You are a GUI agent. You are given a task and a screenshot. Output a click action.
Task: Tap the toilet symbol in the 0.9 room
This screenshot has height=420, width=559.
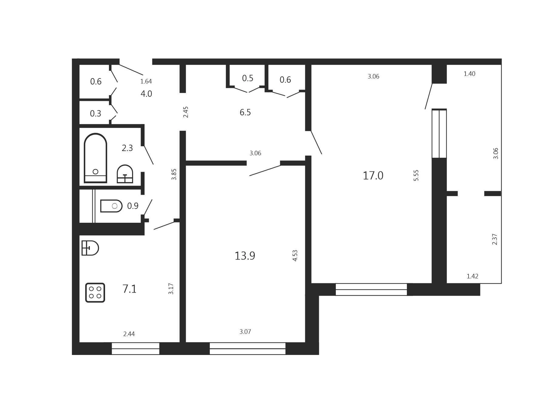click(x=111, y=206)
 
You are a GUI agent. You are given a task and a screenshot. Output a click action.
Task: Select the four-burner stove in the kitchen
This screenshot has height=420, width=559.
click(x=95, y=293)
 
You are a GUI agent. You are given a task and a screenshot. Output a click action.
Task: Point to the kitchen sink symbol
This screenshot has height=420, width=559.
click(x=90, y=248)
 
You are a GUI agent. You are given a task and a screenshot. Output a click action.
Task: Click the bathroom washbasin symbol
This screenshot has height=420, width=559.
click(x=125, y=174)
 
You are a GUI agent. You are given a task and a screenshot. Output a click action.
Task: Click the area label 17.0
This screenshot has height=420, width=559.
click(x=373, y=176)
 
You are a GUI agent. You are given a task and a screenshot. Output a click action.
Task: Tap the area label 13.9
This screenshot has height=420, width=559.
click(x=245, y=256)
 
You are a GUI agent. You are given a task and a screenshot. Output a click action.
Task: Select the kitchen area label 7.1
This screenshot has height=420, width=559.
click(x=129, y=289)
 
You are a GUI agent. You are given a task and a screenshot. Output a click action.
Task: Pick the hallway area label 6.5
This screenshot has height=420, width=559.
click(x=245, y=112)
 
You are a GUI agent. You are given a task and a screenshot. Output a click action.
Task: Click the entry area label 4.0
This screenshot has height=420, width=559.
click(x=146, y=94)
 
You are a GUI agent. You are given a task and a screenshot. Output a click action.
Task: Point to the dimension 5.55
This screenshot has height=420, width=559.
click(x=416, y=175)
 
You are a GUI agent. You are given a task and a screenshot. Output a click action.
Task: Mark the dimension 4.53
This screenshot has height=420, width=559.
click(x=295, y=256)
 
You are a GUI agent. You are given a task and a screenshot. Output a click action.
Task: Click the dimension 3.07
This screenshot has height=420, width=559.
click(x=245, y=332)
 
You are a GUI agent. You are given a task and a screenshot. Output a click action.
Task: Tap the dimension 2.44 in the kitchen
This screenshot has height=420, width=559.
click(x=129, y=334)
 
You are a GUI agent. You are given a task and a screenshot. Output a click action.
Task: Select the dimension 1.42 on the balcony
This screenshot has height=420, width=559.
click(x=472, y=276)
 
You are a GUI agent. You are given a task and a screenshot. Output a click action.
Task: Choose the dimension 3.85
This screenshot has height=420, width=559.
click(x=174, y=174)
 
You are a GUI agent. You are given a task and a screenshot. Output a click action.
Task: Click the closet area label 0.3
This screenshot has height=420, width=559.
click(x=96, y=114)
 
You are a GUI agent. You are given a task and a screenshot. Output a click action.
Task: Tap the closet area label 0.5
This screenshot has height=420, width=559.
click(x=248, y=78)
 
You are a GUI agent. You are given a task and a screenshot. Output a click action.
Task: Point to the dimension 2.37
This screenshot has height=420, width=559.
click(x=495, y=239)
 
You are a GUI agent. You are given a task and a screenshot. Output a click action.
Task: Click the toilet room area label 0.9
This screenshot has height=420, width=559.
click(x=133, y=206)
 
